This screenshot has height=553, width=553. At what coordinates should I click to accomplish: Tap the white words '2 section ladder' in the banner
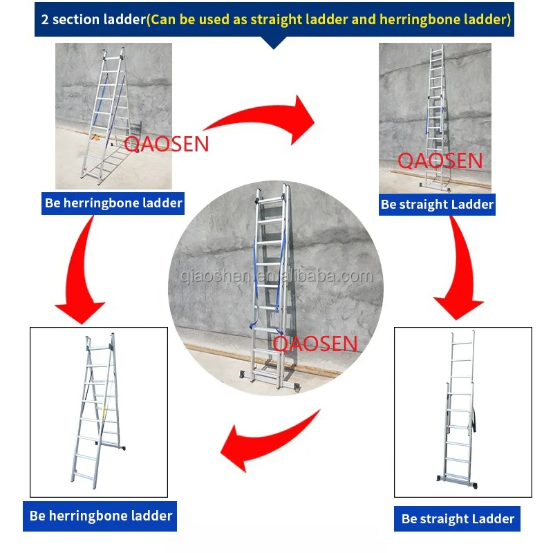[93, 19]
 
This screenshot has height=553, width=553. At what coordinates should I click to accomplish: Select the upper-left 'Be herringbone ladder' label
[113, 203]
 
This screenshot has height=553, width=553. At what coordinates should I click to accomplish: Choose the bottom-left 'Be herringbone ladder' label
[100, 516]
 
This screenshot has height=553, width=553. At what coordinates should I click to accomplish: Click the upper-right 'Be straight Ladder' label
[437, 205]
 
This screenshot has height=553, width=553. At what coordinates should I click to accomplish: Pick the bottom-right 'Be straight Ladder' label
[457, 519]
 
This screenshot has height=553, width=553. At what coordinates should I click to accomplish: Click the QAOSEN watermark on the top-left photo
[167, 144]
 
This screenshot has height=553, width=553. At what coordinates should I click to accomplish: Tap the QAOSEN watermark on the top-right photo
[440, 160]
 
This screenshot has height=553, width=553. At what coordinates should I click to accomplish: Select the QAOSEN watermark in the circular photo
[315, 344]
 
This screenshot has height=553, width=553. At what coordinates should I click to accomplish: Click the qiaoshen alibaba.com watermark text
[277, 276]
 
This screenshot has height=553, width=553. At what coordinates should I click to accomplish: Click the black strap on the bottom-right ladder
[474, 420]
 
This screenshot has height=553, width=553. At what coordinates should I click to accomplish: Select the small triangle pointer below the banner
[274, 42]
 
